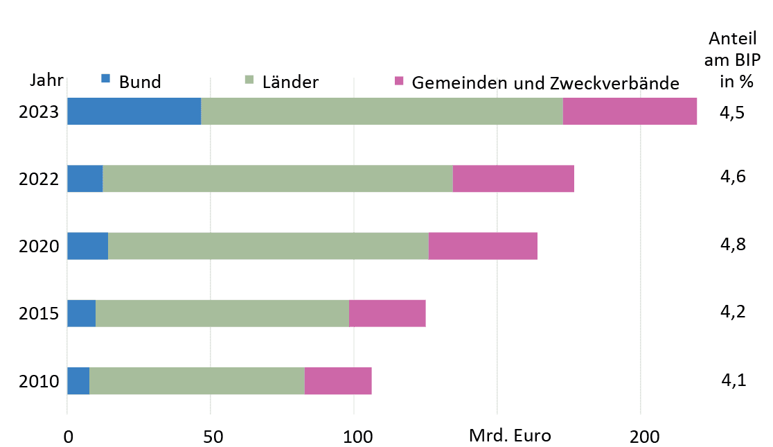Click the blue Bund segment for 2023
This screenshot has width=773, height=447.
click(x=134, y=112)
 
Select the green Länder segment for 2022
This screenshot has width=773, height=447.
click(x=277, y=179)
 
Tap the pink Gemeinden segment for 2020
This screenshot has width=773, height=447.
click(x=483, y=246)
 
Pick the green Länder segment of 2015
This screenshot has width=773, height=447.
click(x=222, y=313)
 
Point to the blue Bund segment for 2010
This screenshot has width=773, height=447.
click(x=78, y=380)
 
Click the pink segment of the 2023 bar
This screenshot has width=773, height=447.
click(x=630, y=112)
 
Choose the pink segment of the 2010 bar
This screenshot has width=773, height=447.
click(x=338, y=380)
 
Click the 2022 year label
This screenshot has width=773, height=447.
click(x=38, y=179)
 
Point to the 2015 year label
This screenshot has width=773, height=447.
click(x=38, y=314)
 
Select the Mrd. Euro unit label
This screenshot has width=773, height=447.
click(x=510, y=436)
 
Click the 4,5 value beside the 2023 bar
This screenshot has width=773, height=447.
click(x=733, y=113)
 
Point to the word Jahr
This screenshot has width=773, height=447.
click(x=46, y=80)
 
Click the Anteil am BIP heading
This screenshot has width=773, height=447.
click(x=733, y=59)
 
